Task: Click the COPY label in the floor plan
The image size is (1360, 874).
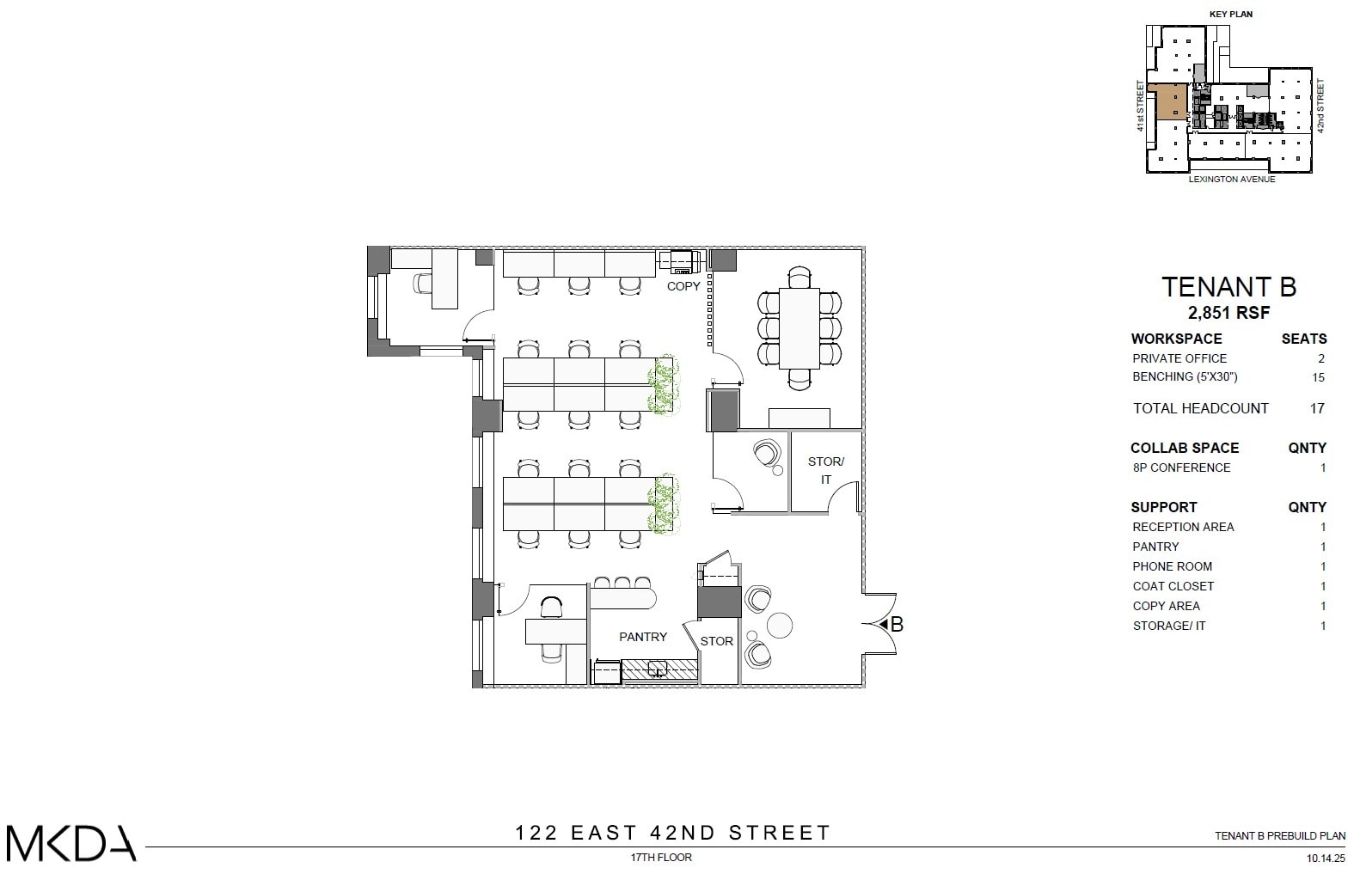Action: [x=683, y=286]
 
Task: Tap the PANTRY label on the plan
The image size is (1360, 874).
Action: [x=643, y=637]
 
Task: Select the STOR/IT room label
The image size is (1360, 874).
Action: [x=826, y=470]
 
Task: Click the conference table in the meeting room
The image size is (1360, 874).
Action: [x=799, y=327]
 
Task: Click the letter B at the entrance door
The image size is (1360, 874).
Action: [x=897, y=625]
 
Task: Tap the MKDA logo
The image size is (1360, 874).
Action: [x=71, y=843]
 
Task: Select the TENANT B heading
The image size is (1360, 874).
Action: [x=1228, y=287]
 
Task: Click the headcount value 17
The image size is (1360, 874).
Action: [x=1317, y=408]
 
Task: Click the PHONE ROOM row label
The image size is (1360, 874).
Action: [x=1173, y=566]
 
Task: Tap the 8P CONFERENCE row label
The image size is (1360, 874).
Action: [x=1181, y=468]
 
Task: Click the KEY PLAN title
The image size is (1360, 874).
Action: [x=1231, y=15]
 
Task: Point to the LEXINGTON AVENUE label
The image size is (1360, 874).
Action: [x=1232, y=180]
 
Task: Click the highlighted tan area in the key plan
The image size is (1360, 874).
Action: [x=1168, y=102]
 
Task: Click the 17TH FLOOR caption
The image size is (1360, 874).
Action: [x=661, y=857]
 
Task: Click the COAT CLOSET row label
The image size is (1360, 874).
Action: [x=1173, y=586]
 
